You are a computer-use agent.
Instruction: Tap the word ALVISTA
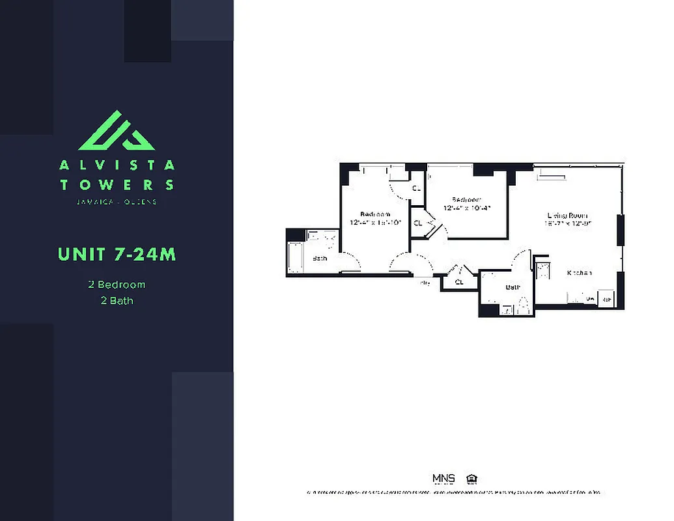pyautogui.click(x=117, y=165)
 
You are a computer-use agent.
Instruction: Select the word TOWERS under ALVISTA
pyautogui.click(x=117, y=185)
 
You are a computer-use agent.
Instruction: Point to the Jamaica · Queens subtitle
pyautogui.click(x=117, y=202)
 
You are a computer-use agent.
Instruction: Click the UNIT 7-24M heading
pyautogui.click(x=117, y=253)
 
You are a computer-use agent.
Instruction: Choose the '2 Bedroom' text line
pyautogui.click(x=117, y=285)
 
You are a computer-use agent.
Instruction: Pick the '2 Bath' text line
pyautogui.click(x=117, y=300)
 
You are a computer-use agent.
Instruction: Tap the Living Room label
pyautogui.click(x=568, y=216)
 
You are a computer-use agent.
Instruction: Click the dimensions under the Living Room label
pyautogui.click(x=568, y=223)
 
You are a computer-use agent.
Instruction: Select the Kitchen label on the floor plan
pyautogui.click(x=579, y=273)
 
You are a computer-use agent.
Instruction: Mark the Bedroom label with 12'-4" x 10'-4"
pyautogui.click(x=466, y=200)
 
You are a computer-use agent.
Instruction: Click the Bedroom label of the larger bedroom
pyautogui.click(x=375, y=214)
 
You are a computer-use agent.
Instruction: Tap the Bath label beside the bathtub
pyautogui.click(x=320, y=259)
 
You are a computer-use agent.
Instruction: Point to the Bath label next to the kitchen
pyautogui.click(x=513, y=287)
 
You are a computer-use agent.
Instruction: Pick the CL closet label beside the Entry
pyautogui.click(x=459, y=282)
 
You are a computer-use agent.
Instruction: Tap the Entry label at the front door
pyautogui.click(x=425, y=283)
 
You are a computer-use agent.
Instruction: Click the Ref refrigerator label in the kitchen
pyautogui.click(x=606, y=299)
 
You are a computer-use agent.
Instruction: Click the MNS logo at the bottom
pyautogui.click(x=443, y=479)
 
